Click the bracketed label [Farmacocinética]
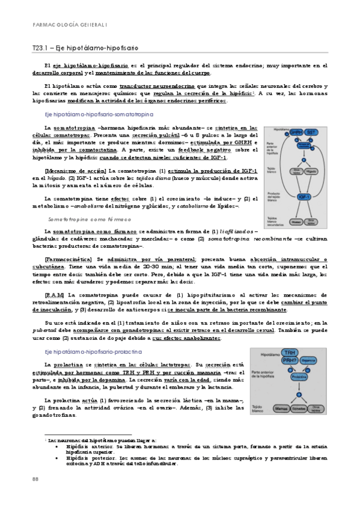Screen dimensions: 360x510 (70, 257)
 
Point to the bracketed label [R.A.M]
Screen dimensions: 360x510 (56, 295)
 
